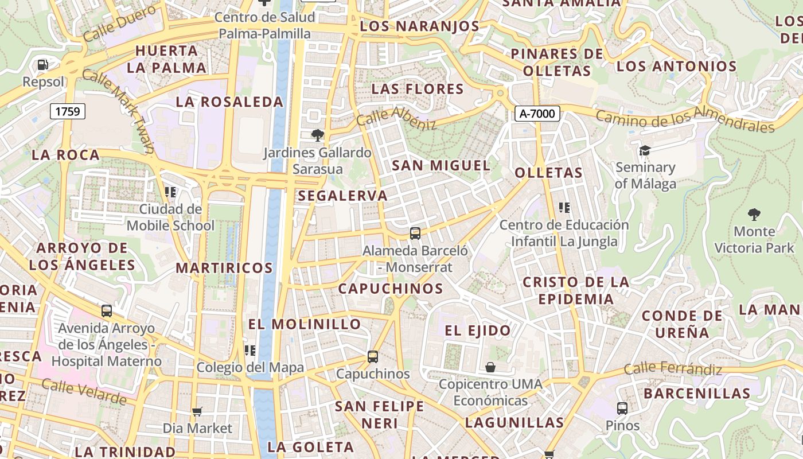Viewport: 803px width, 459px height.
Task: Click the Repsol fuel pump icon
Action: click(42, 65)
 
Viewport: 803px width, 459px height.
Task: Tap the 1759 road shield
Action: click(68, 111)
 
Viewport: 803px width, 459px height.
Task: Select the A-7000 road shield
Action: click(537, 114)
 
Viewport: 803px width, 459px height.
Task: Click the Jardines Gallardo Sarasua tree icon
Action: click(317, 135)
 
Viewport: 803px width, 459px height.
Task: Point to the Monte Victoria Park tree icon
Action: click(754, 215)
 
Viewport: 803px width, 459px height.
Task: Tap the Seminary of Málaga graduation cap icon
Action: click(645, 150)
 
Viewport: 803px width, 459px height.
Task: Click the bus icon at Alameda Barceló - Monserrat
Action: click(415, 234)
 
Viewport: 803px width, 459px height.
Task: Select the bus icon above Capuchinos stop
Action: click(373, 357)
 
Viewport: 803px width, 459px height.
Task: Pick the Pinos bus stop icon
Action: click(622, 409)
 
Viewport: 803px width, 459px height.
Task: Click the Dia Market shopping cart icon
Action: click(197, 411)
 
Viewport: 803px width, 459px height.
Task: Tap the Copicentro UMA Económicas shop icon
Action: click(490, 367)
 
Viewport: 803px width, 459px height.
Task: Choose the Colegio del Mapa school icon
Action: click(250, 350)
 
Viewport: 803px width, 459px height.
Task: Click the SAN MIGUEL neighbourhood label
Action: click(441, 166)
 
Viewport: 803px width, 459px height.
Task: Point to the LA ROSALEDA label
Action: click(229, 102)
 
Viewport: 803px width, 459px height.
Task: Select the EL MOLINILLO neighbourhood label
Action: click(305, 324)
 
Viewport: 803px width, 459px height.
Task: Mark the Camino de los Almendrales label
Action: click(685, 119)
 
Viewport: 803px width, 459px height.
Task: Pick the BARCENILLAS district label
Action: click(697, 394)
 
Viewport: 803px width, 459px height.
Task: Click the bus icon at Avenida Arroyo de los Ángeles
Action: click(107, 311)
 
